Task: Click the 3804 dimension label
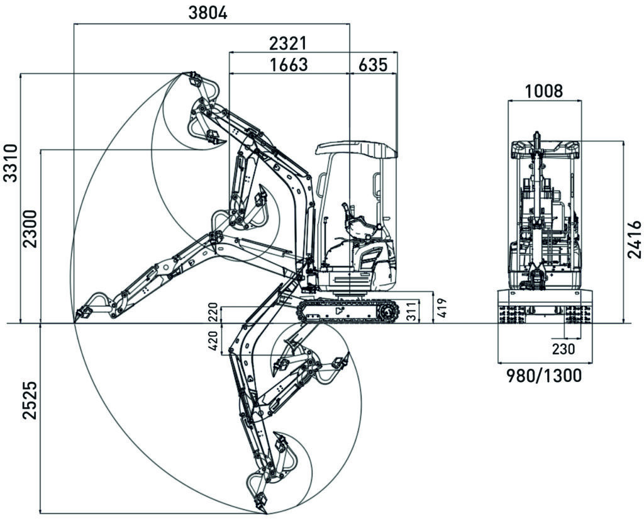click(x=208, y=13)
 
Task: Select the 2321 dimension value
click(x=287, y=43)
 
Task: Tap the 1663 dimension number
click(x=287, y=64)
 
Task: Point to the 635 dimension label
click(x=373, y=64)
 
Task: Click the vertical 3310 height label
click(x=11, y=162)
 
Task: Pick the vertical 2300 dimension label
click(x=30, y=230)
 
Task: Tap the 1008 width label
click(x=544, y=91)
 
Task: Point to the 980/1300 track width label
click(x=544, y=376)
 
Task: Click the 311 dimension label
click(x=411, y=312)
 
